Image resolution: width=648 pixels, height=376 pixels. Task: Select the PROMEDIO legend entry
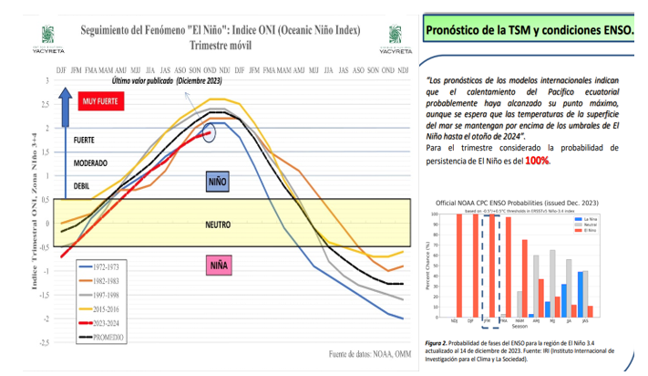click(102, 338)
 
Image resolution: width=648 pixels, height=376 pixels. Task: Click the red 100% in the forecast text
click(536, 161)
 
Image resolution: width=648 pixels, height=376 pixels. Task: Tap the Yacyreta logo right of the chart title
click(396, 34)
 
